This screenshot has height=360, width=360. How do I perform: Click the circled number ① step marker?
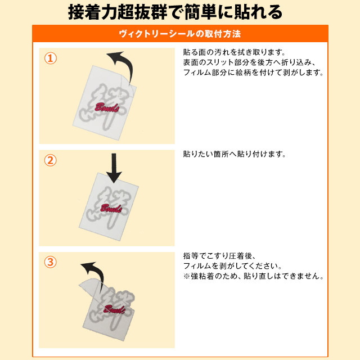tap(51, 59)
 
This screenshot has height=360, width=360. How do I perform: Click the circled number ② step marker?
tap(51, 160)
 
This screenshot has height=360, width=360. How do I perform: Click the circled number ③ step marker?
tap(51, 262)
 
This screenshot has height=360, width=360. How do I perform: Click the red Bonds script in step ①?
tap(107, 107)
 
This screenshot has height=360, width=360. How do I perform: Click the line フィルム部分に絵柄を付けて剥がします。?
tap(254, 73)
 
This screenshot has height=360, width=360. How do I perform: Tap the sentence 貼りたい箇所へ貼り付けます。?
tap(235, 154)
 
